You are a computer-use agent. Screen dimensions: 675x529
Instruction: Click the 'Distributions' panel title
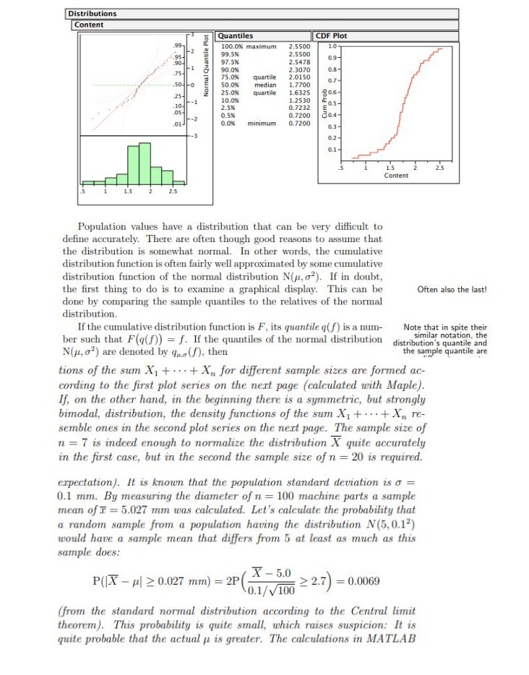click(x=93, y=14)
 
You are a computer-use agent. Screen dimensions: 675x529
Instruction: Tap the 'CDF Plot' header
click(x=332, y=35)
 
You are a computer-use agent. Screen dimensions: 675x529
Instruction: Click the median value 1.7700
click(x=300, y=85)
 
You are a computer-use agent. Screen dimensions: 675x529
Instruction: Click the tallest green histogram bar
click(x=145, y=163)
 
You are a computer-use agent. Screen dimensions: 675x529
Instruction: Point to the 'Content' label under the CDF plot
click(x=396, y=176)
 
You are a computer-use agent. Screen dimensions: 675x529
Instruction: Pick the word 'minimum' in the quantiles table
click(x=263, y=124)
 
